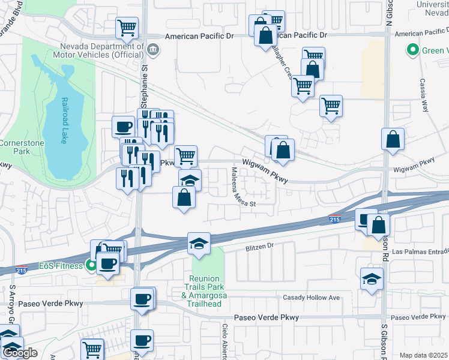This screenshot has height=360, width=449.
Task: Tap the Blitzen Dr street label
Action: (259, 246)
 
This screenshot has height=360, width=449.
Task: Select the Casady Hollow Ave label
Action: (312, 298)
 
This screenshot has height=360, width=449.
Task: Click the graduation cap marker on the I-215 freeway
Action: (199, 244)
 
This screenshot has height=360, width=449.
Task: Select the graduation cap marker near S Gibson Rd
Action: (372, 279)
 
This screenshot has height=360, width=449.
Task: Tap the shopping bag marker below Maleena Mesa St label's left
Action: (184, 197)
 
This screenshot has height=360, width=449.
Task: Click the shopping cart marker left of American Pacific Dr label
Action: (127, 27)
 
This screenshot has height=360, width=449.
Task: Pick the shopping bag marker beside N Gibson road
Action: (392, 140)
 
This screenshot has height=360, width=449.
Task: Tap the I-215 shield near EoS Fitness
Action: (22, 269)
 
